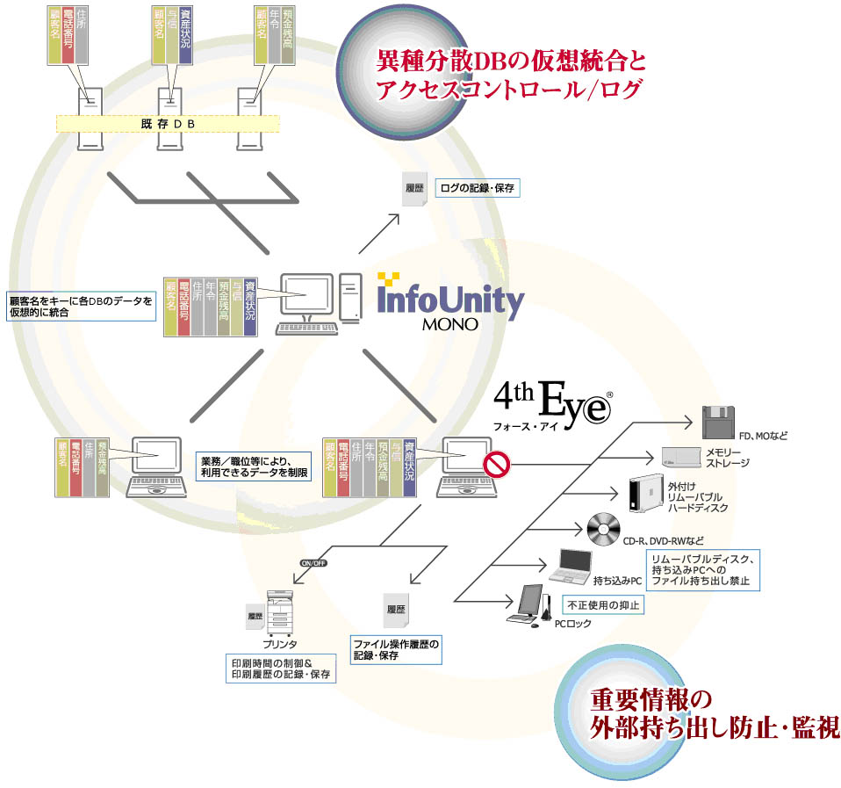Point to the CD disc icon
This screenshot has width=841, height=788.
tap(604, 529)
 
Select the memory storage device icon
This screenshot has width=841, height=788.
tap(679, 458)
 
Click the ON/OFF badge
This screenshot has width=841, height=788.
tap(313, 563)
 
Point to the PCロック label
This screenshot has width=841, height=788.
tap(573, 624)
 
